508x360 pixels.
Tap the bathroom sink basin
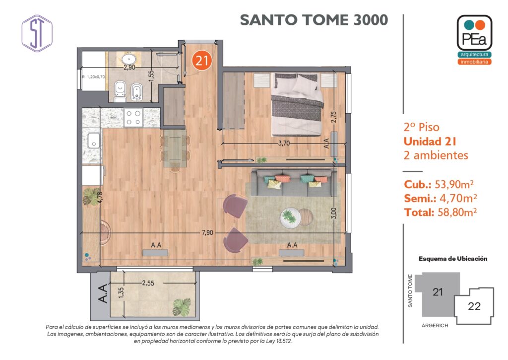pyautogui.click(x=129, y=60)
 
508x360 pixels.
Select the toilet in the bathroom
pyautogui.click(x=120, y=91)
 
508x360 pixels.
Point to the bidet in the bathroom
pyautogui.click(x=136, y=92)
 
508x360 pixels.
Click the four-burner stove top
pyautogui.click(x=133, y=117)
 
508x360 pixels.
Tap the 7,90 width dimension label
pyautogui.click(x=207, y=232)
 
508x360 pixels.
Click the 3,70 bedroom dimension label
pyautogui.click(x=284, y=143)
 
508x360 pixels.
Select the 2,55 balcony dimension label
pyautogui.click(x=148, y=283)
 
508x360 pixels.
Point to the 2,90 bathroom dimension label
pyautogui.click(x=129, y=68)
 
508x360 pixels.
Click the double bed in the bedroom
pyautogui.click(x=297, y=104)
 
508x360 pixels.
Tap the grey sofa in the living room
pyautogui.click(x=294, y=183)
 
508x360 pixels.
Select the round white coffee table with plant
pyautogui.click(x=290, y=217)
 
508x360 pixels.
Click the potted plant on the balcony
pyautogui.click(x=182, y=307)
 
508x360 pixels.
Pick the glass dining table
pyautogui.click(x=175, y=148)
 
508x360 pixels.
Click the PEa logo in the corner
pyautogui.click(x=474, y=39)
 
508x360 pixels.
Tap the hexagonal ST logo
pyautogui.click(x=37, y=33)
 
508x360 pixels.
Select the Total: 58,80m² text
pyautogui.click(x=441, y=212)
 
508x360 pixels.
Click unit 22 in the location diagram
pyautogui.click(x=474, y=306)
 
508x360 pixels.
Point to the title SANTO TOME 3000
pyautogui.click(x=314, y=20)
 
